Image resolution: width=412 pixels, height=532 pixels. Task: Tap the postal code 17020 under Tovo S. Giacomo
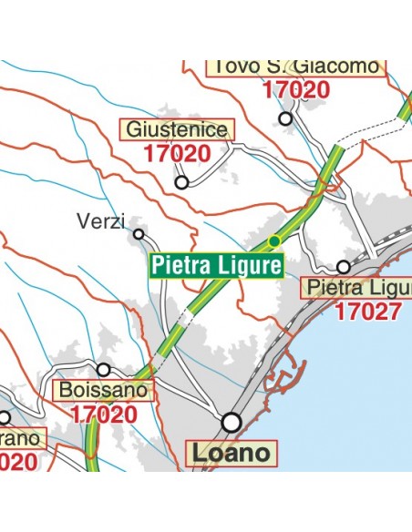point(295,90)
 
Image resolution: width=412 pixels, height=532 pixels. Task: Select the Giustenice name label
point(177,129)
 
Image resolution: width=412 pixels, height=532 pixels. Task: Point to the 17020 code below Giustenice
point(177,153)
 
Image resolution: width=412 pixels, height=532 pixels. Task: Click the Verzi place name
point(100,221)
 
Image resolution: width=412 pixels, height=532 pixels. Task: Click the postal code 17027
point(367,312)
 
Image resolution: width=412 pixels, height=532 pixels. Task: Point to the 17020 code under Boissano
point(103,414)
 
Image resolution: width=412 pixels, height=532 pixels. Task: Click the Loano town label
point(231,452)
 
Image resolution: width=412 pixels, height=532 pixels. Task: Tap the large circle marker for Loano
point(232,422)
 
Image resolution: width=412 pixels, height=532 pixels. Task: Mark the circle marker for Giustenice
point(181,182)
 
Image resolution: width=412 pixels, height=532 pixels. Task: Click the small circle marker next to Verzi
point(139,234)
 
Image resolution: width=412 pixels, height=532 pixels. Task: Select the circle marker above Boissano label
point(104,369)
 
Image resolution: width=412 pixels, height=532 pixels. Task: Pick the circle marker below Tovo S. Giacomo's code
point(286,118)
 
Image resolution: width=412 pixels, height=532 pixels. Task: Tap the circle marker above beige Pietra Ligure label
point(343,267)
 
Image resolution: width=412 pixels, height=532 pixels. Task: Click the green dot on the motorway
point(274,241)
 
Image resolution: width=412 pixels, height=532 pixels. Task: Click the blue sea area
point(365,401)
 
